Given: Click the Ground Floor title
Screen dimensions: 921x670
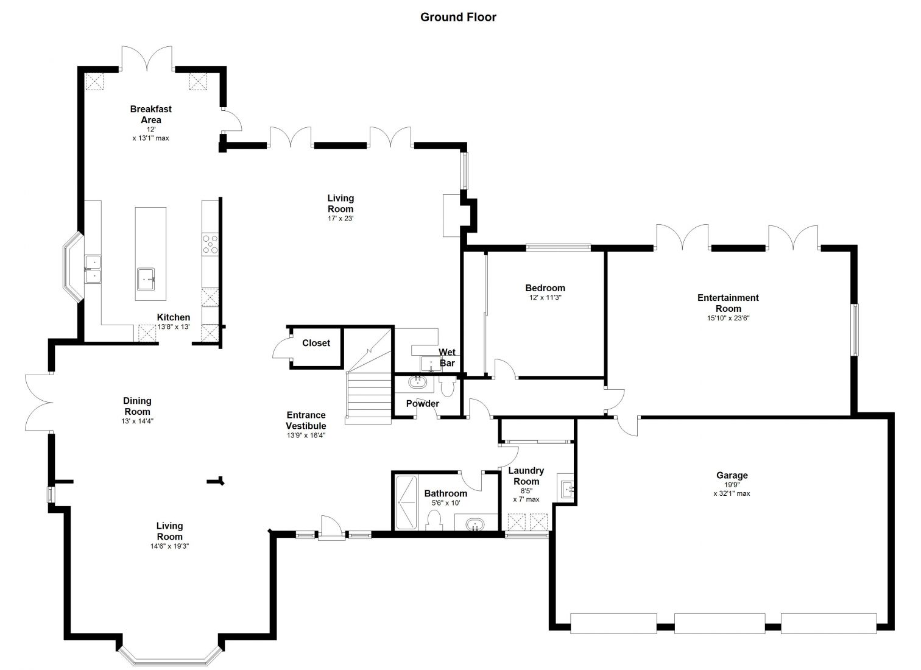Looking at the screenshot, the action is click(458, 17).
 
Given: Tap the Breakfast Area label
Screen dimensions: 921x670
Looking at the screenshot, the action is click(151, 115).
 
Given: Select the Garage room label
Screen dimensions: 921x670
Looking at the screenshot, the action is click(732, 475).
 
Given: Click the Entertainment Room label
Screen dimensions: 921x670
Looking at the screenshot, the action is click(728, 303).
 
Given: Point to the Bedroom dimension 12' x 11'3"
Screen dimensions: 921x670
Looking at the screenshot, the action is click(545, 297).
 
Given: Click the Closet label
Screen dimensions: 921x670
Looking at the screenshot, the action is click(316, 343).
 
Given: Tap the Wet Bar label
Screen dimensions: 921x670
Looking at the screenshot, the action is click(447, 358).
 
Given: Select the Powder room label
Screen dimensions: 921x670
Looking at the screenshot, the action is click(423, 404).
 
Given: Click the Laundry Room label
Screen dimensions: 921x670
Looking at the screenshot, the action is click(526, 476).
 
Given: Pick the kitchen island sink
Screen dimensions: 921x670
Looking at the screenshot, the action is click(146, 279).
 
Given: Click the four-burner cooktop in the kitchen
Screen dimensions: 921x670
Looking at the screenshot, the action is click(210, 244).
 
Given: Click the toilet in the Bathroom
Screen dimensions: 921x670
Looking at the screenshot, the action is click(434, 520).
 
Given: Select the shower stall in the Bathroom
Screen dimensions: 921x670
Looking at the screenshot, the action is click(406, 503).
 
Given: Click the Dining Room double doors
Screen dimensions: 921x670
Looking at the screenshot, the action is click(39, 403).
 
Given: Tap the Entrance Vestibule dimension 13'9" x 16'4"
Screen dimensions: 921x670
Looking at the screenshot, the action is click(306, 435).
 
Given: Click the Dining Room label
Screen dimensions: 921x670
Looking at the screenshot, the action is click(137, 406).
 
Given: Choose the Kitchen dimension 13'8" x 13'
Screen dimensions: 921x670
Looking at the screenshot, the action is click(174, 327).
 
